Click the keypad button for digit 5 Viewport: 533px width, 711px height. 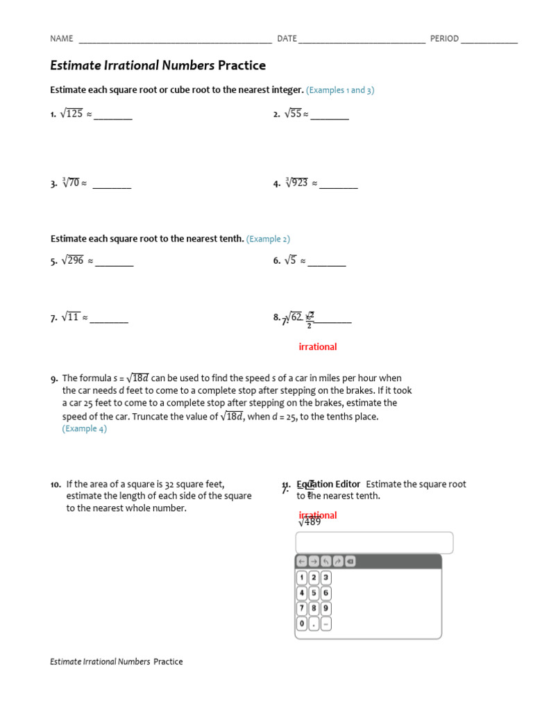tap(314, 593)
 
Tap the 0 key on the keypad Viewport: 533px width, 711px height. tap(302, 624)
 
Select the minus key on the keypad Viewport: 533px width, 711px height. tap(325, 624)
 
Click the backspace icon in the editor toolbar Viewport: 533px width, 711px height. tap(350, 561)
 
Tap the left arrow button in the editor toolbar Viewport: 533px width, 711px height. tap(302, 561)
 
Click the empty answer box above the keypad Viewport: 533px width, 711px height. tap(374, 542)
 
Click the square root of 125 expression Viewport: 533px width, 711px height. tap(71, 114)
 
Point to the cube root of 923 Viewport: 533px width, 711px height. tap(296, 183)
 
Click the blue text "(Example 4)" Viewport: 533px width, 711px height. tap(85, 429)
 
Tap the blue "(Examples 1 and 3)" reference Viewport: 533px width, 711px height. tap(340, 90)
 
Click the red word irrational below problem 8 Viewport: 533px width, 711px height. tap(317, 346)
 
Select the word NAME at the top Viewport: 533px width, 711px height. tap(62, 39)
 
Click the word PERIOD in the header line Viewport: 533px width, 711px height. tap(444, 39)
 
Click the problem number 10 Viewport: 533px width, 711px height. tap(56, 485)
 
